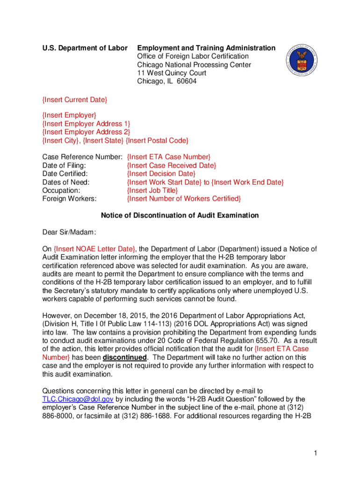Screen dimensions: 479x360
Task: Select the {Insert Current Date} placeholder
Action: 75,100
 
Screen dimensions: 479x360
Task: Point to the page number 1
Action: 317,453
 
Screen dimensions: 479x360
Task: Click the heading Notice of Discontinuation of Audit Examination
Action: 180,216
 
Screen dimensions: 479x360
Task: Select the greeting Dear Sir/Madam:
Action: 69,232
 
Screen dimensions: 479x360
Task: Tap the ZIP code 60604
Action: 186,81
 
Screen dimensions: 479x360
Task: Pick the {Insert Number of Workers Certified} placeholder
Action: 184,199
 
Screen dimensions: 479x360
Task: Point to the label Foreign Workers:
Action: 69,199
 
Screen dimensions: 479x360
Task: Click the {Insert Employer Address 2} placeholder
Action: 86,132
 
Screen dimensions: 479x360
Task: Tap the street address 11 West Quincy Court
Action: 172,73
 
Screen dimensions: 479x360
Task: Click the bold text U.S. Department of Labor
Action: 85,48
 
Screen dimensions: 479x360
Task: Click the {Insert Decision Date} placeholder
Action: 161,174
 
